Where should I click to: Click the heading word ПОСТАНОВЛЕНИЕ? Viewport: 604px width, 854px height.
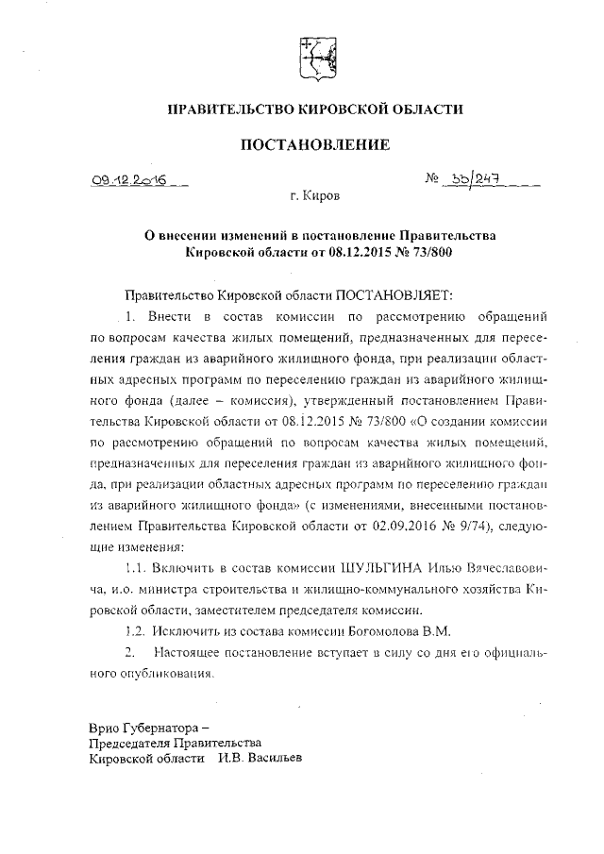314,144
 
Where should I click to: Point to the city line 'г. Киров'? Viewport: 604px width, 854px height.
315,197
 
